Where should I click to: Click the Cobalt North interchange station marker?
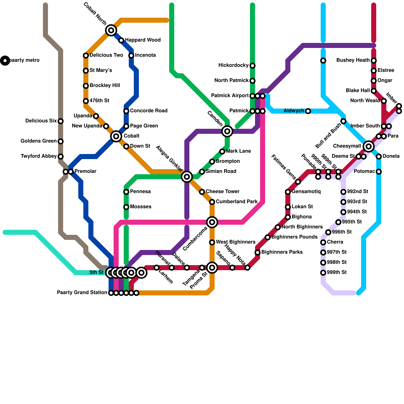point(111,30)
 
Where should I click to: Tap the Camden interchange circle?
point(227,131)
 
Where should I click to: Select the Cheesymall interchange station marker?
point(369,146)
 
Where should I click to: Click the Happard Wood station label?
point(143,40)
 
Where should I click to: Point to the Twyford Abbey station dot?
point(61,157)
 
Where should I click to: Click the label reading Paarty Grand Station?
point(82,293)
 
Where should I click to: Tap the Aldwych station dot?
point(308,111)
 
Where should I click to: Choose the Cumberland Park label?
point(237,202)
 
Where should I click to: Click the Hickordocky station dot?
point(252,66)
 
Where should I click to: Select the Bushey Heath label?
point(353,60)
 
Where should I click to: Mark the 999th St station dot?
point(323,273)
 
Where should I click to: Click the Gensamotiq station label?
point(306,192)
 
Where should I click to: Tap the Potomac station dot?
point(379,172)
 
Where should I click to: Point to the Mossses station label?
point(141,207)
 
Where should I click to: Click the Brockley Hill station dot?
point(86,86)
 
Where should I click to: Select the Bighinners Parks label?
point(282,252)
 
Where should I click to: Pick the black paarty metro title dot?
point(5,60)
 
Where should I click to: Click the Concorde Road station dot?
point(126,111)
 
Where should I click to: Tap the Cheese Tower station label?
point(222,192)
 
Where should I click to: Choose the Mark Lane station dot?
point(222,151)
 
